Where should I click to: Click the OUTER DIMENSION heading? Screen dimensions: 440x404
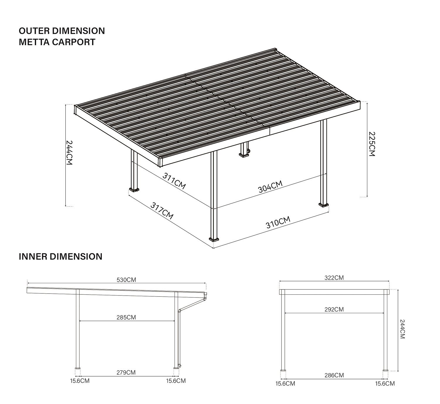[62, 31]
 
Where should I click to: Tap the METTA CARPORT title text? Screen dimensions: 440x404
[57, 42]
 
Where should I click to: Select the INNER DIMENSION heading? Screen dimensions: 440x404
[60, 257]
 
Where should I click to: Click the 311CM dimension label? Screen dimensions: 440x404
[174, 181]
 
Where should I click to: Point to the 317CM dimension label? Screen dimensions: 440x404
[162, 211]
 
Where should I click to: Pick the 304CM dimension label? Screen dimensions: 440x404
[270, 187]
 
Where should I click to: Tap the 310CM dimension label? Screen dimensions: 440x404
[278, 222]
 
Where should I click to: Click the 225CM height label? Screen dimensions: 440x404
[372, 144]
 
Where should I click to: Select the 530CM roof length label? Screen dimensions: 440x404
[126, 280]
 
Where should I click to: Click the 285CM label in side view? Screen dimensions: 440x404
[126, 318]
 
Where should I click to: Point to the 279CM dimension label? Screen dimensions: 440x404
[126, 372]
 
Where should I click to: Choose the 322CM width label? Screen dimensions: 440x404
[334, 278]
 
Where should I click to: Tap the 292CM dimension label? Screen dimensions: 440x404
[334, 309]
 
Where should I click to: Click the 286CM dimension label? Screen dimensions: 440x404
[334, 375]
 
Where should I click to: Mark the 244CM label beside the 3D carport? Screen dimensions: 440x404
[69, 153]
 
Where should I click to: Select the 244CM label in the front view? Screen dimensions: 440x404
[402, 329]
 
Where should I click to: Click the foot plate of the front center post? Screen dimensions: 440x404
[214, 239]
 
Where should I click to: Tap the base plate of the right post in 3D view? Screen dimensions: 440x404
[324, 205]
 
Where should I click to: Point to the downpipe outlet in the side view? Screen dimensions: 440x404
[180, 366]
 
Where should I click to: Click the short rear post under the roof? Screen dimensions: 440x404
[244, 150]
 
